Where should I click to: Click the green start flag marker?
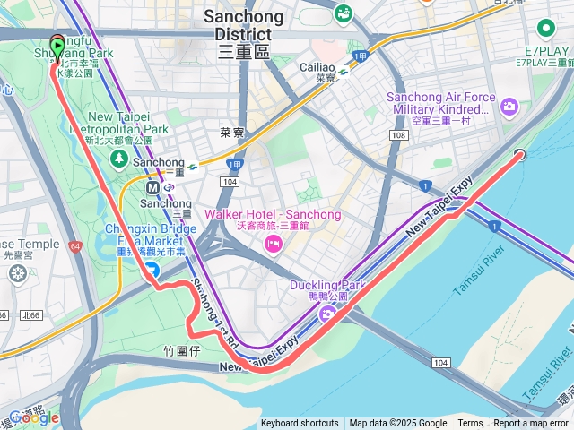click(58, 47)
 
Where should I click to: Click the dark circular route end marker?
click(519, 155)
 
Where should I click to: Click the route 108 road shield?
click(397, 133)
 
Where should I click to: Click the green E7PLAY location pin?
click(544, 29)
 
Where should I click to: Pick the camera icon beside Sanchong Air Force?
click(509, 107)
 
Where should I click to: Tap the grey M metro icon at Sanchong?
click(152, 188)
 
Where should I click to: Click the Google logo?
click(33, 417)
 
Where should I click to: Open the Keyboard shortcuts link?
click(300, 424)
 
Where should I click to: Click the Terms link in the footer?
click(470, 424)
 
